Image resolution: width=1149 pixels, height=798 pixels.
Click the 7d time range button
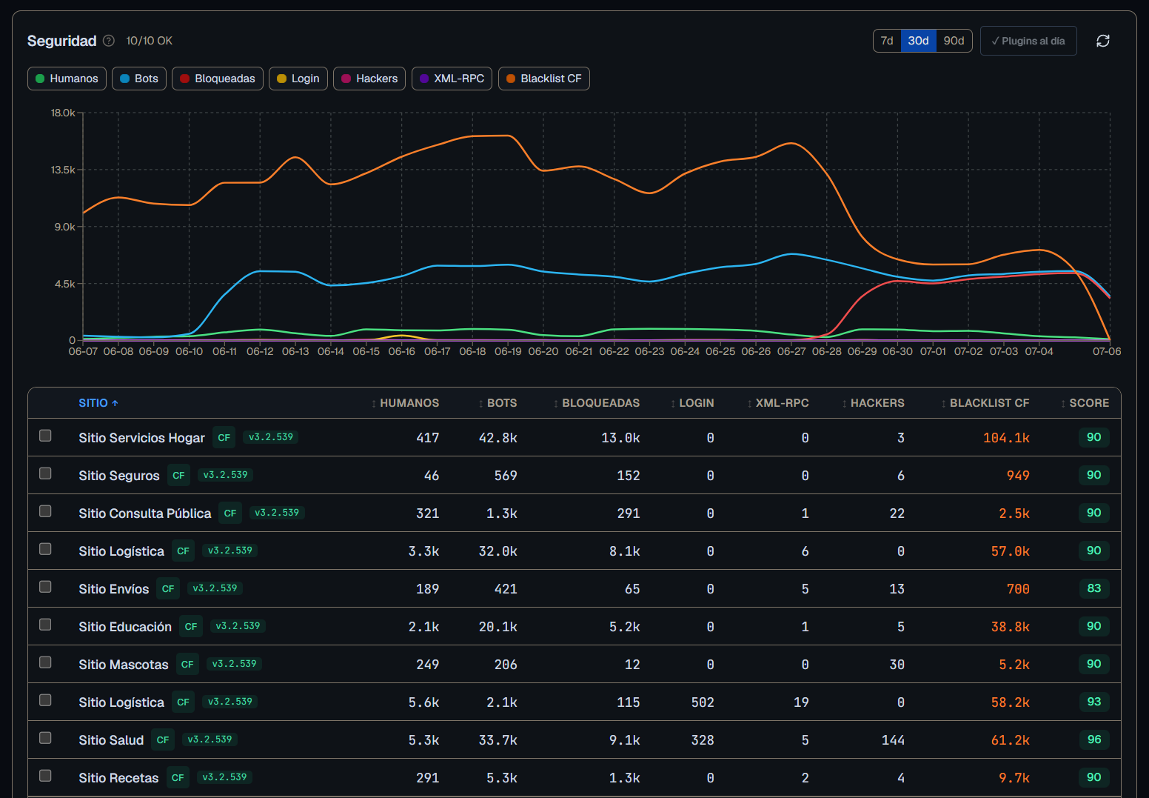tap(887, 41)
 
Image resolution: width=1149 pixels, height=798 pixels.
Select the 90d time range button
tap(954, 41)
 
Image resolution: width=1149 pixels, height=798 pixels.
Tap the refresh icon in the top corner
tap(1103, 41)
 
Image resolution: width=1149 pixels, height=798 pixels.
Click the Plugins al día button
tap(1028, 41)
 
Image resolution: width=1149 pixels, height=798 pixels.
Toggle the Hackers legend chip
tap(369, 79)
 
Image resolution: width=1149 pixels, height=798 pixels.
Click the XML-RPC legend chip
tap(452, 79)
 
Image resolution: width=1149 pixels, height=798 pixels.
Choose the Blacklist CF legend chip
tap(543, 79)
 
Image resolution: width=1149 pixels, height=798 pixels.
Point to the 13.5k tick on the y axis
tap(63, 170)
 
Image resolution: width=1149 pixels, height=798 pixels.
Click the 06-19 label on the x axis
tap(508, 351)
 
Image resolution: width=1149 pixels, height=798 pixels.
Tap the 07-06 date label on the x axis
tap(1106, 351)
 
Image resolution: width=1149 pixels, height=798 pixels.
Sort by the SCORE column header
tap(1085, 403)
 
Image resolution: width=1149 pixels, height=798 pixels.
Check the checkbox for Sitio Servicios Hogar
tap(45, 436)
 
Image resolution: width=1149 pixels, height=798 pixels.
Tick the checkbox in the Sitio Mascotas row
tap(45, 662)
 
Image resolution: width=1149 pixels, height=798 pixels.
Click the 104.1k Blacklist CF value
tap(1006, 437)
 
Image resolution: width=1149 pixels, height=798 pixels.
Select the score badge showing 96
tap(1093, 739)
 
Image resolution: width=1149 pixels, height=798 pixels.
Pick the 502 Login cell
tap(703, 702)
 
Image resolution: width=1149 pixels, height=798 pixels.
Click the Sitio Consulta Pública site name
tap(144, 513)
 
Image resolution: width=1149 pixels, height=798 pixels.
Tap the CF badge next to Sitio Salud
tap(163, 739)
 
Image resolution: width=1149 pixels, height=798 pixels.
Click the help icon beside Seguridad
tap(109, 41)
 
